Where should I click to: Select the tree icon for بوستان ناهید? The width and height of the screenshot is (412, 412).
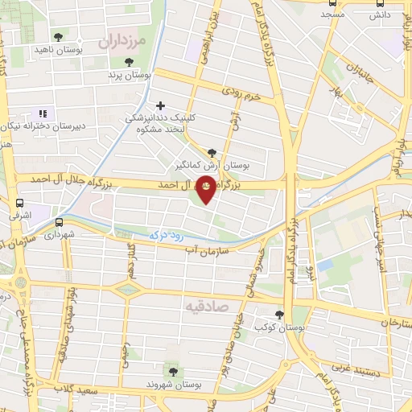(x=58, y=37)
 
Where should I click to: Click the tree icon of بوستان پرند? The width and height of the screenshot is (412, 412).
(x=128, y=62)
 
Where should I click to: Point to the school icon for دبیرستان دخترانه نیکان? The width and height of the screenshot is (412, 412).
(x=43, y=113)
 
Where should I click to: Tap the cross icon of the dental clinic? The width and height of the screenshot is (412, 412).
(x=161, y=105)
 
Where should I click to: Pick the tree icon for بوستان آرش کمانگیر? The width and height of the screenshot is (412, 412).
(x=212, y=152)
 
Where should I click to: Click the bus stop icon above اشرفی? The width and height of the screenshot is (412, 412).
(x=19, y=204)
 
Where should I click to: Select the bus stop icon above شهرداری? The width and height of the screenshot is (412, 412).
(x=59, y=222)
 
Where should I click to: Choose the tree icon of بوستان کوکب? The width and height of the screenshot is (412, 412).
(x=279, y=315)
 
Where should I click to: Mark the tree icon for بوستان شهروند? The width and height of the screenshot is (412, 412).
(x=171, y=371)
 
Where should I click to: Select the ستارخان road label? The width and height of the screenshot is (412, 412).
(x=394, y=323)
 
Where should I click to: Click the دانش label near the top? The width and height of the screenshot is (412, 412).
(x=380, y=14)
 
